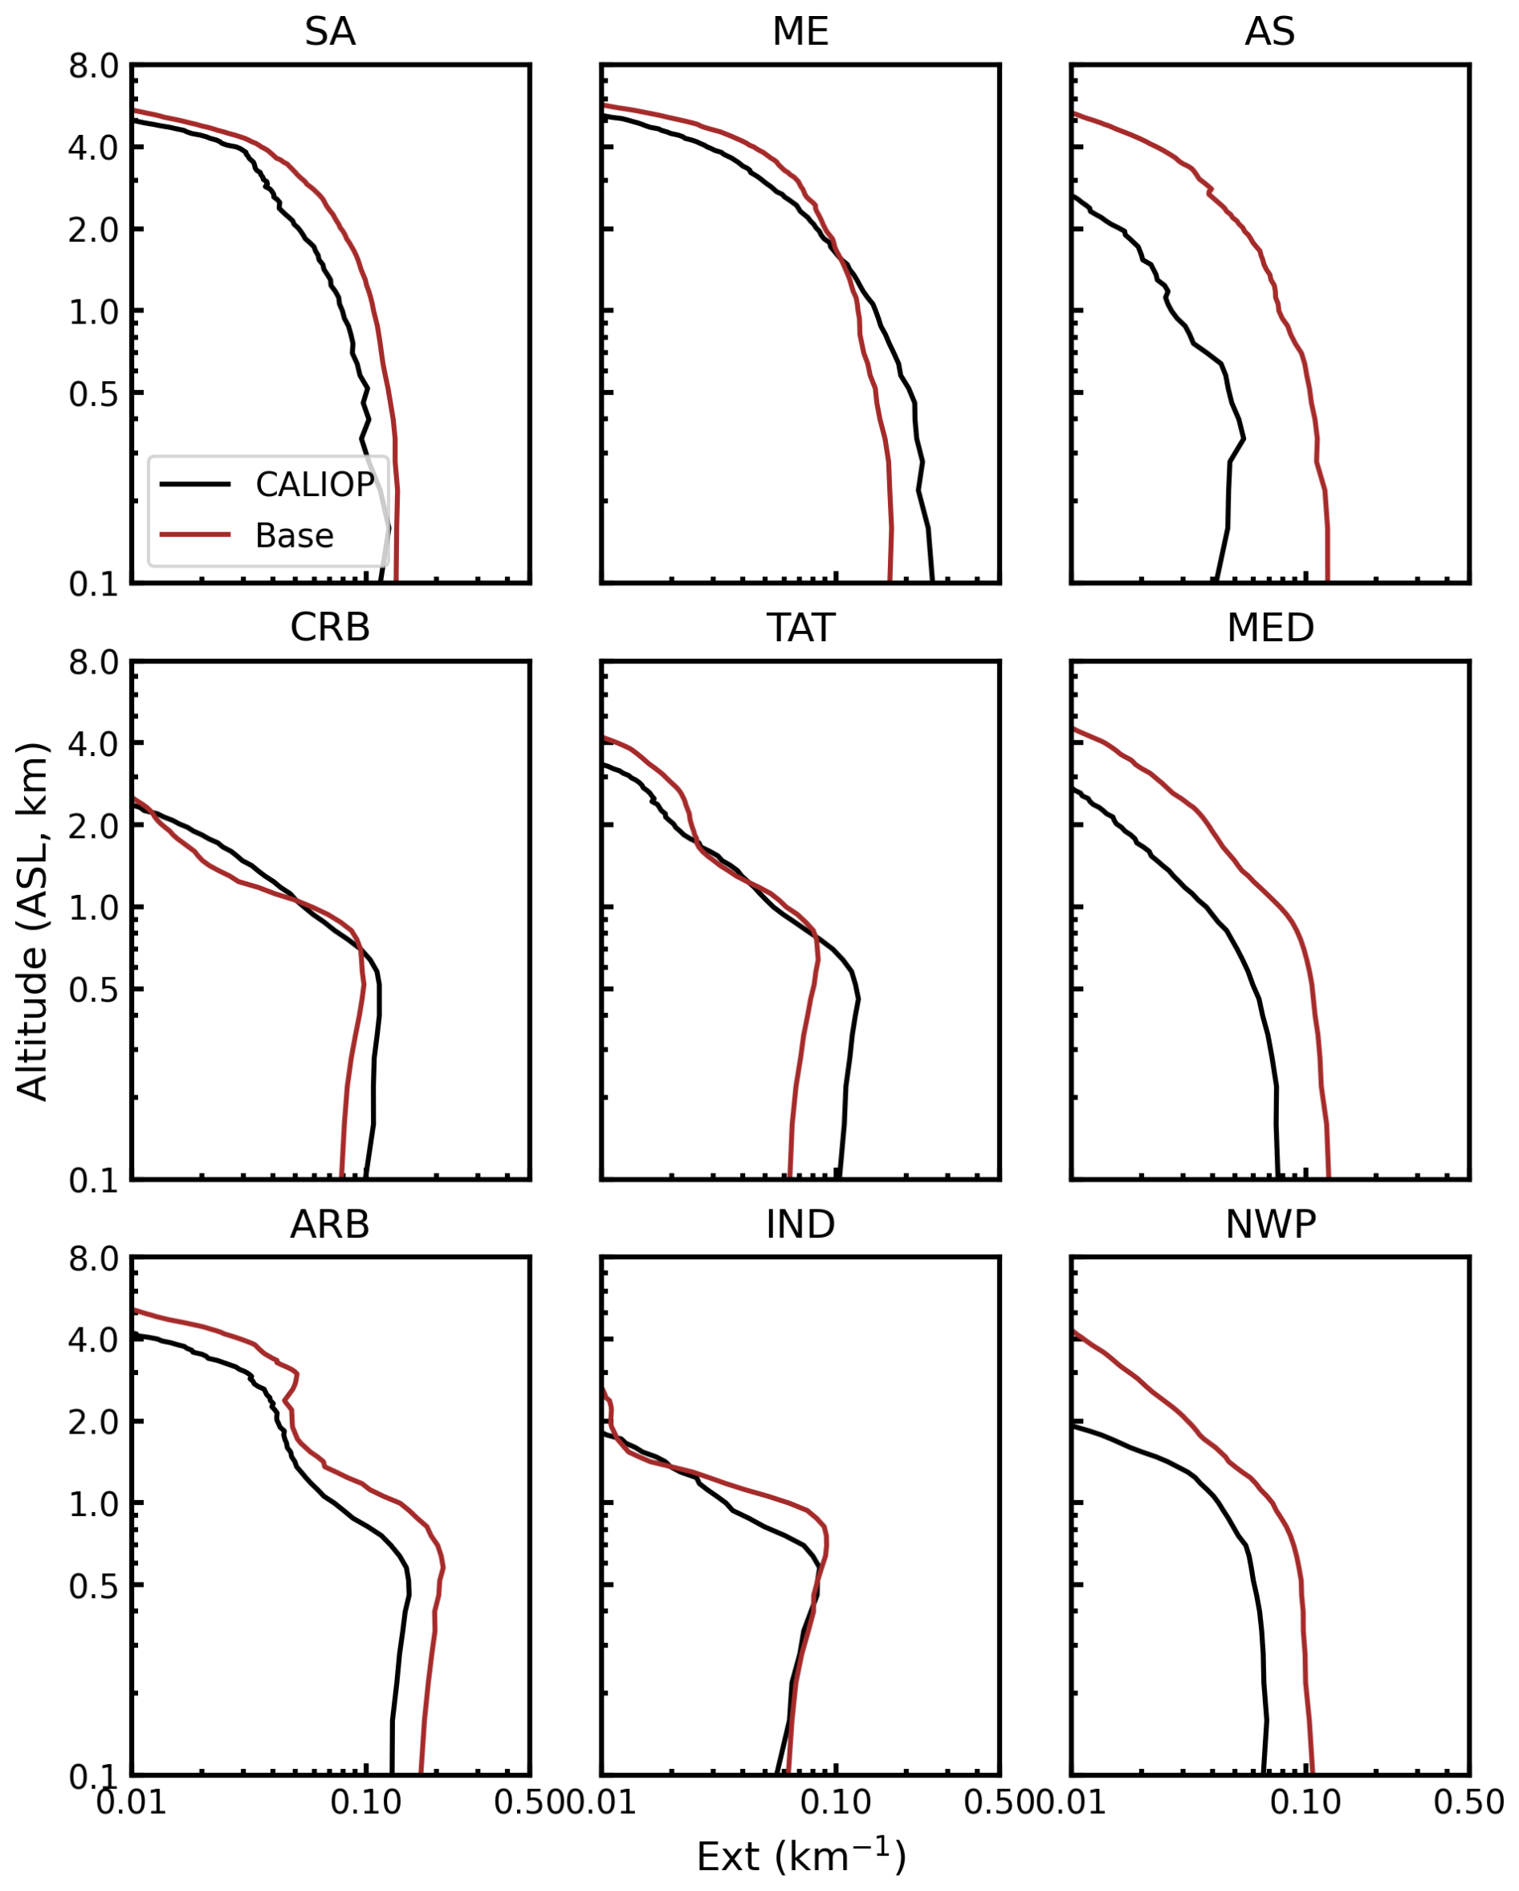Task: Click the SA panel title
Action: [x=330, y=32]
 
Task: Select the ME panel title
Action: [x=800, y=32]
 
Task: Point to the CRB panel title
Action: [x=330, y=628]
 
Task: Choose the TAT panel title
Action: [x=800, y=628]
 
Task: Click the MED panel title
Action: [x=1270, y=628]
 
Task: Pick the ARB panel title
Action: [x=330, y=1224]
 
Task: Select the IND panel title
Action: [x=800, y=1224]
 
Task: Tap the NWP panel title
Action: [x=1270, y=1224]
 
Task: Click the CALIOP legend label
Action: [x=314, y=484]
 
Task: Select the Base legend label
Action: [x=294, y=535]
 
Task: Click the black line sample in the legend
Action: [x=195, y=484]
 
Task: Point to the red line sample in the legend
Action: [x=195, y=534]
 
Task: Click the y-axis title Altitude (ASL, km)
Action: [x=32, y=921]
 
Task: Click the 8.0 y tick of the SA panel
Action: [x=93, y=66]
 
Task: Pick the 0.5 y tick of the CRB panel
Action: [x=93, y=990]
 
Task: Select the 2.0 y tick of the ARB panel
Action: [x=93, y=1422]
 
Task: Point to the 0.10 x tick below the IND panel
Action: [x=836, y=1804]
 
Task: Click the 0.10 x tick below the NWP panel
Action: [x=1305, y=1804]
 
